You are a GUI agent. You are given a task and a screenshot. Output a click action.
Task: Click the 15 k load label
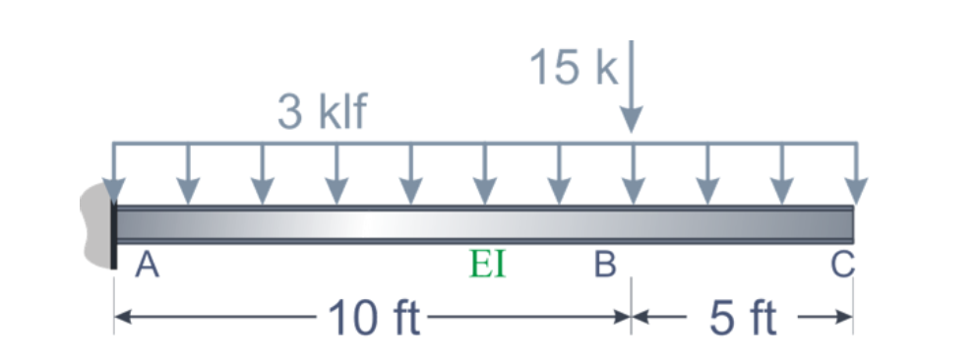coord(571,67)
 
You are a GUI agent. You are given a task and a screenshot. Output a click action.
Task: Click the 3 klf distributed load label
coord(321,113)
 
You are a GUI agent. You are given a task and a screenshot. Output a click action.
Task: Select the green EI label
coord(488,264)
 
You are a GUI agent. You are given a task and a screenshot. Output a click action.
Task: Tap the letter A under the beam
coord(147,264)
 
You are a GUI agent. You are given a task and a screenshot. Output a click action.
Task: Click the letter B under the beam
coord(605,264)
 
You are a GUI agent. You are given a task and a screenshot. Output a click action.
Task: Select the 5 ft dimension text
coord(743,318)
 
